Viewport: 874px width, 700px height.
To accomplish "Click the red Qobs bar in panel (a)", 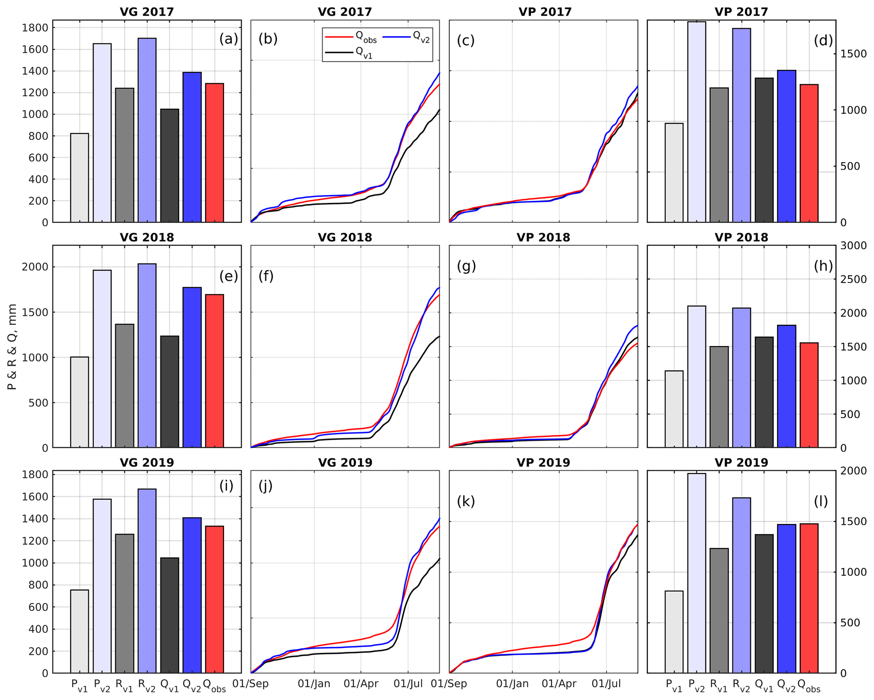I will (214, 152).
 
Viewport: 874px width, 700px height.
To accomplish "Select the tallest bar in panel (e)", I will (147, 355).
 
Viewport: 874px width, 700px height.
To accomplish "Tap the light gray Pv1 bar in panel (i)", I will (79, 631).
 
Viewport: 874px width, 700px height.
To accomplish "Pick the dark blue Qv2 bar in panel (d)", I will (786, 146).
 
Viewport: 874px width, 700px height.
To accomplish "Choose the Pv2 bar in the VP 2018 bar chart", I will (696, 376).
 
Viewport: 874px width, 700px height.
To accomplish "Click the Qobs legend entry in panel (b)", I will (351, 38).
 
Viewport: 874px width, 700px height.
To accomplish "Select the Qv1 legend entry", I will (349, 53).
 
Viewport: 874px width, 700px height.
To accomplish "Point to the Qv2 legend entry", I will (406, 38).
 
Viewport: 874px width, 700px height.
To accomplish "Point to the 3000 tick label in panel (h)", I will (852, 246).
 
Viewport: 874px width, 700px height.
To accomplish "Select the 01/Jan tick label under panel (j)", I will (314, 684).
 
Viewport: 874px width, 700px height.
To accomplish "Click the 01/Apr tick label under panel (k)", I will (559, 684).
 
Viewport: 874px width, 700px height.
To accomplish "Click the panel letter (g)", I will (466, 266).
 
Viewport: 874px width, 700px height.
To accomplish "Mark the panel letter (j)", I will (265, 486).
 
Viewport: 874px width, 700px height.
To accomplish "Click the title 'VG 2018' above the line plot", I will (345, 237).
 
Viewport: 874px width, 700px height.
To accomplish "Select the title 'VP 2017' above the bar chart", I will (741, 12).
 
